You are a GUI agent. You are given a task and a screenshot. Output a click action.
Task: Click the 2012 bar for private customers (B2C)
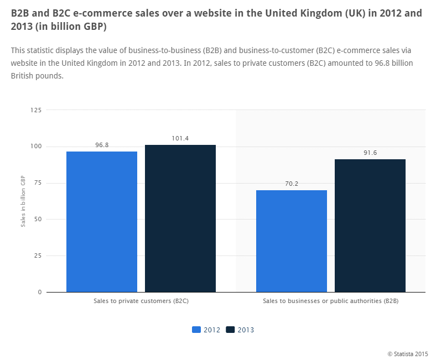coord(102,221)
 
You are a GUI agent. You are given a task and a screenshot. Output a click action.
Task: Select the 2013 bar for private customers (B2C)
coord(180,218)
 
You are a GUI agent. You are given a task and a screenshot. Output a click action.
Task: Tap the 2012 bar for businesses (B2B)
coord(292,241)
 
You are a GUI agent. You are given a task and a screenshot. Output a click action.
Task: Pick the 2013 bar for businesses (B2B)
coord(370,225)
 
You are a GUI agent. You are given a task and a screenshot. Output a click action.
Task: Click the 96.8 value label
coord(102,145)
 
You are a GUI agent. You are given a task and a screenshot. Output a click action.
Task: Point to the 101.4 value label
coord(180,138)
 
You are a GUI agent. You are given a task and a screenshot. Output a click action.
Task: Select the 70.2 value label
coord(292,184)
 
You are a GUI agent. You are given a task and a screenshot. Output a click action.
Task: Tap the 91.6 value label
coord(370,153)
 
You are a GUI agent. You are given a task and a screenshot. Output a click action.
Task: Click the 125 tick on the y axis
coord(36,111)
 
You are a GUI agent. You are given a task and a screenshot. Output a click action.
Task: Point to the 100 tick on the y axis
coord(36,147)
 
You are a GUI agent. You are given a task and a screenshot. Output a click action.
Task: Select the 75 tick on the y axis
coord(38,183)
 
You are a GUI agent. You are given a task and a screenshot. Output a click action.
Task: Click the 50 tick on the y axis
coord(38,219)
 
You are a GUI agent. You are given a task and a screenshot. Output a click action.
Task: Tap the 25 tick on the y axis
coord(38,255)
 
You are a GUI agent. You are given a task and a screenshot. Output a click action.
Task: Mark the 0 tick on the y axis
coord(39,292)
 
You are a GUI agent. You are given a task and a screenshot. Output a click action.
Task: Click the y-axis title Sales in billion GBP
coord(23,201)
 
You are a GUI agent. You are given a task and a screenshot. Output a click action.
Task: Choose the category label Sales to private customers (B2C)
coord(141,301)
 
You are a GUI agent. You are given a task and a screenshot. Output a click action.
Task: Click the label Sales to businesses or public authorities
coord(331,301)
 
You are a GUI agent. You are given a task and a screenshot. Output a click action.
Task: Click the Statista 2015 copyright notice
coord(407,353)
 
